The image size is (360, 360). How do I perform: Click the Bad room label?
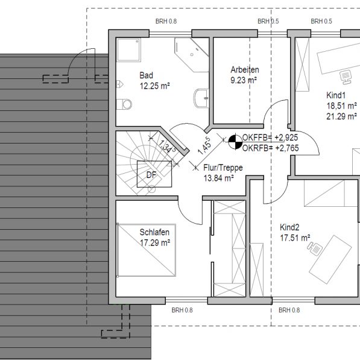[x=147, y=75]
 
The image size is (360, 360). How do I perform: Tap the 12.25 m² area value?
[x=155, y=86]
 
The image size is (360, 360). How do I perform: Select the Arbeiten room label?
[x=245, y=70]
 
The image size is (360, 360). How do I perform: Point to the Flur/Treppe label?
[x=223, y=168]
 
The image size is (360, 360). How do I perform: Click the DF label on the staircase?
[x=151, y=175]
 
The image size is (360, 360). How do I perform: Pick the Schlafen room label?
[x=154, y=232]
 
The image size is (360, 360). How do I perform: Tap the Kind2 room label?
[x=289, y=227]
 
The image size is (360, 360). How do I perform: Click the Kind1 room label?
[x=336, y=95]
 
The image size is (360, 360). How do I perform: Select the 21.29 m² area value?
[x=342, y=116]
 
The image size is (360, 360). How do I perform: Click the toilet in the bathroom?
[x=124, y=104]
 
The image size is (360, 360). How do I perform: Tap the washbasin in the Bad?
[x=201, y=98]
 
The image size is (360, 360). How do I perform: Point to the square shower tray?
[x=128, y=50]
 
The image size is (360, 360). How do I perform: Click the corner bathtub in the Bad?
[x=192, y=55]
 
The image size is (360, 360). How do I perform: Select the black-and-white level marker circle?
[x=235, y=142]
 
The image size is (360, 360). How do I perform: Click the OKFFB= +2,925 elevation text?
[x=270, y=137]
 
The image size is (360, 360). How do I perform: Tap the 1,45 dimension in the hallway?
[x=204, y=146]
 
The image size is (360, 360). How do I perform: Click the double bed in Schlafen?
[x=147, y=250]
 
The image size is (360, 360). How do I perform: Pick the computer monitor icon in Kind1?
[x=346, y=77]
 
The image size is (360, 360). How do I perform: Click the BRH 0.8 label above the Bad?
[x=166, y=21]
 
